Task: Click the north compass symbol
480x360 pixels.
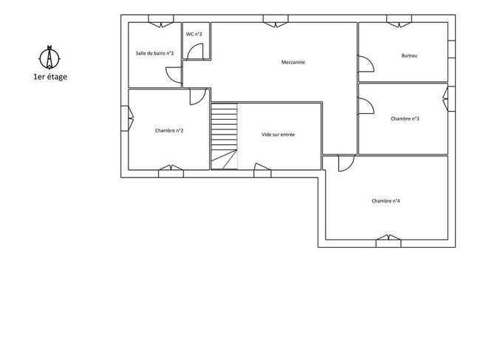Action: coord(49,58)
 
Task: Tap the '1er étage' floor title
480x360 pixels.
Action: coord(50,77)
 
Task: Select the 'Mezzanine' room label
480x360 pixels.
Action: coord(293,62)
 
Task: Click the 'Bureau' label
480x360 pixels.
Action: coord(409,55)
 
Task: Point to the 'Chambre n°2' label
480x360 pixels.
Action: coord(169,131)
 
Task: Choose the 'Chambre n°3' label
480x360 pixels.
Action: coord(405,118)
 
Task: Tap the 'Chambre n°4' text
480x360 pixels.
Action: coord(385,201)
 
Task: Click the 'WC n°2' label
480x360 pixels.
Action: coord(194,34)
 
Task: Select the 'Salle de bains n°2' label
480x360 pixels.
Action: coord(155,53)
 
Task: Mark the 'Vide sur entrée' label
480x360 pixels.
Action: coord(278,135)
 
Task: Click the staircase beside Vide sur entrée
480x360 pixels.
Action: coord(224,136)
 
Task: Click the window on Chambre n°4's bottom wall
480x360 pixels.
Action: coord(388,241)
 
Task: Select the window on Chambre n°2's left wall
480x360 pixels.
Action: coord(127,118)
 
